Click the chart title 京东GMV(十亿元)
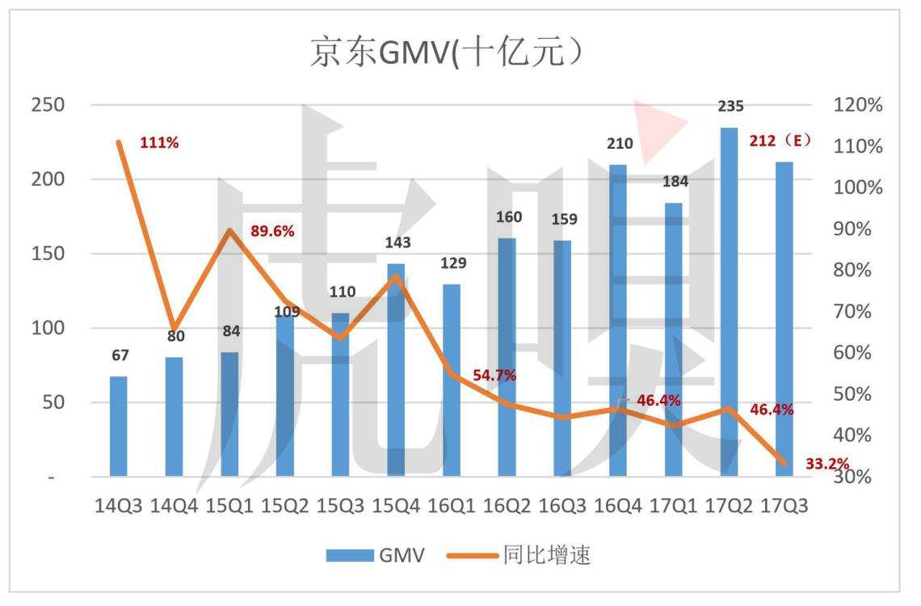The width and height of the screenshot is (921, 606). click(x=446, y=53)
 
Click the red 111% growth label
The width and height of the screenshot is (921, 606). click(x=159, y=143)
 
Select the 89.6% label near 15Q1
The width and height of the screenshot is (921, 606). click(x=273, y=231)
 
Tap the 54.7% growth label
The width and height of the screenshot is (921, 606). click(x=494, y=375)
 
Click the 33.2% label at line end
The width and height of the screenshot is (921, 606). click(x=827, y=463)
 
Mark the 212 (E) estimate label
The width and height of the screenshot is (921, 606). click(x=780, y=140)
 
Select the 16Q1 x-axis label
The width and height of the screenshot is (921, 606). click(x=451, y=506)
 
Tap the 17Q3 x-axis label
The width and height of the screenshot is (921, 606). click(x=784, y=506)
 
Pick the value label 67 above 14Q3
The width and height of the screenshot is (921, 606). click(x=120, y=355)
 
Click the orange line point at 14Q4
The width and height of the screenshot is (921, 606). click(x=175, y=321)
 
